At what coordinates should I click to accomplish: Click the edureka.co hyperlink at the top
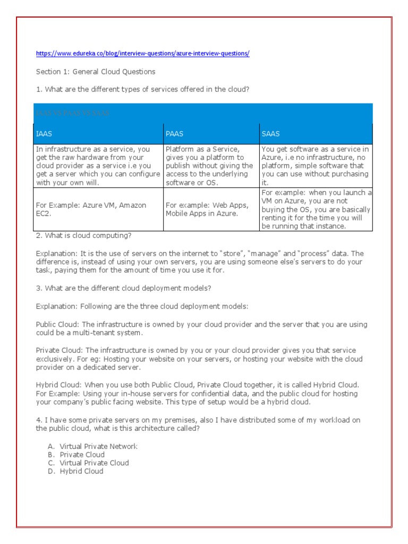pyautogui.click(x=142, y=54)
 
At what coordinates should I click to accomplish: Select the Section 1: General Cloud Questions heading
pyautogui.click(x=96, y=72)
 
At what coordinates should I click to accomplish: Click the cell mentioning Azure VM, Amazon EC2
pyautogui.click(x=98, y=209)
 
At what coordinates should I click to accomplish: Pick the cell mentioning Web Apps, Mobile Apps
pyautogui.click(x=211, y=209)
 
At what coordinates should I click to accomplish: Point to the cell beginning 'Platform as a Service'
pyautogui.click(x=211, y=166)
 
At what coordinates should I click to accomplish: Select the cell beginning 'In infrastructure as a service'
pyautogui.click(x=98, y=166)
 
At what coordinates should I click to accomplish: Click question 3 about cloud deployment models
pyautogui.click(x=123, y=288)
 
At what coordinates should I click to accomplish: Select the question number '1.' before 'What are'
pyautogui.click(x=39, y=89)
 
